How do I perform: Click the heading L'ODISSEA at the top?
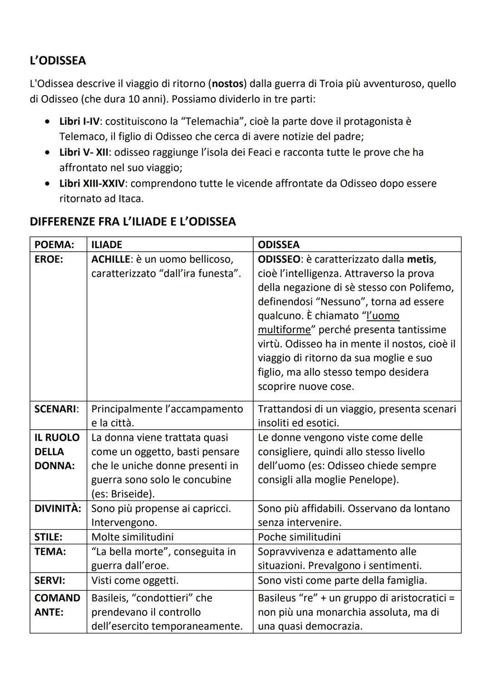pyautogui.click(x=58, y=61)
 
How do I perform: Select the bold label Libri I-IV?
pyautogui.click(x=79, y=122)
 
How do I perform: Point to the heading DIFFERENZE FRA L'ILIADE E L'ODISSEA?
pyautogui.click(x=132, y=222)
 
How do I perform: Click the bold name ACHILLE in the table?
pyautogui.click(x=110, y=259)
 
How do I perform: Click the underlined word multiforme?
pyautogui.click(x=284, y=330)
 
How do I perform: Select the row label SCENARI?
pyautogui.click(x=56, y=409)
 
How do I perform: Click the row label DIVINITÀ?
pyautogui.click(x=58, y=508)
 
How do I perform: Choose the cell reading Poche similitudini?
pyautogui.click(x=299, y=537)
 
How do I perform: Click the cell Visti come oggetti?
pyautogui.click(x=135, y=580)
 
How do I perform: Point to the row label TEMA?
pyautogui.click(x=50, y=552)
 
